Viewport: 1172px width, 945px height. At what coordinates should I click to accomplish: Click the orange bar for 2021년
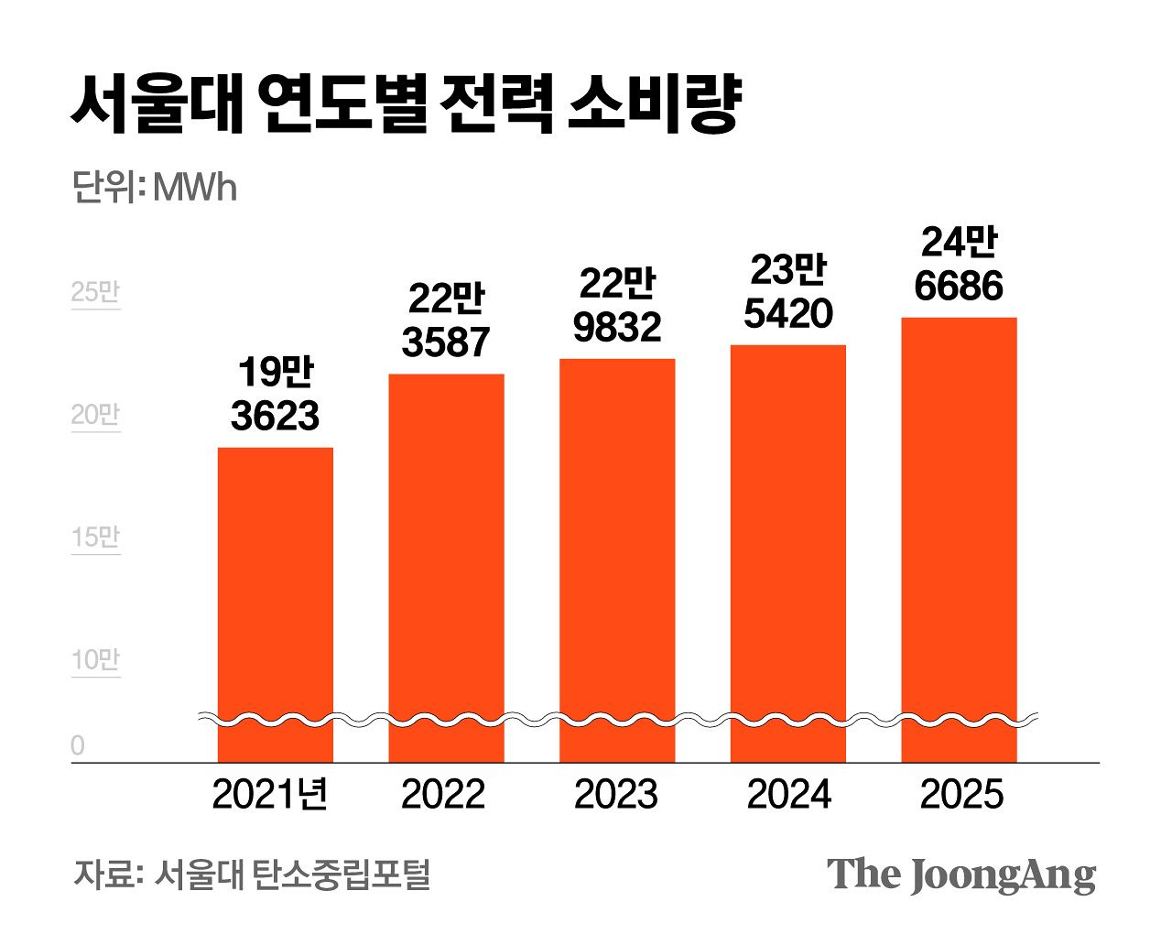[275, 604]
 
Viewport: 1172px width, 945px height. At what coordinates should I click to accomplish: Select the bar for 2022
[446, 568]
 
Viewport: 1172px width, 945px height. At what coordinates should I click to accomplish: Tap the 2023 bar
[617, 560]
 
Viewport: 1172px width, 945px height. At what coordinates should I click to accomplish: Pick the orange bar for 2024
[788, 553]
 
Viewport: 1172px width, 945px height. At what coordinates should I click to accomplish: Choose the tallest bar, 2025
[959, 539]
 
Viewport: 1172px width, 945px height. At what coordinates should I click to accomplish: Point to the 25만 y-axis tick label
[95, 292]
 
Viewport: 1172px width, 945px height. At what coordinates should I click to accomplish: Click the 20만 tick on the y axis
[95, 415]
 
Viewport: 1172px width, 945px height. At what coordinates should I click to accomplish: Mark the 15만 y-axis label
[95, 538]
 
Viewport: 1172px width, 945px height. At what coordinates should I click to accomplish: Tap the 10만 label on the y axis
[95, 660]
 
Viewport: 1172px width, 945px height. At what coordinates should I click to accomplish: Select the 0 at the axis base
[77, 745]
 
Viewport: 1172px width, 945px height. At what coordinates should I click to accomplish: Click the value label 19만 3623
[275, 395]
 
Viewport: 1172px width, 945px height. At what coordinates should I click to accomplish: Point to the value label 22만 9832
[617, 306]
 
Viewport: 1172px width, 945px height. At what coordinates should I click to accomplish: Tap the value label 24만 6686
[959, 264]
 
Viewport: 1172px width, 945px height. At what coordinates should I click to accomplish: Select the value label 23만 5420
[788, 292]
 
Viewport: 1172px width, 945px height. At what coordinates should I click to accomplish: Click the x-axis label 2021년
[270, 794]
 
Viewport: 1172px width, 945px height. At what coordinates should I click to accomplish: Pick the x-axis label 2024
[789, 795]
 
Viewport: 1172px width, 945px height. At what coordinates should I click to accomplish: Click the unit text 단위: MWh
[154, 188]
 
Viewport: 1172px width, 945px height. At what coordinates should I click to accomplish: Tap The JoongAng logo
[961, 875]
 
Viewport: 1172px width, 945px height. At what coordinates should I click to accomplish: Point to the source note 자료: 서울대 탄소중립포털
[252, 874]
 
